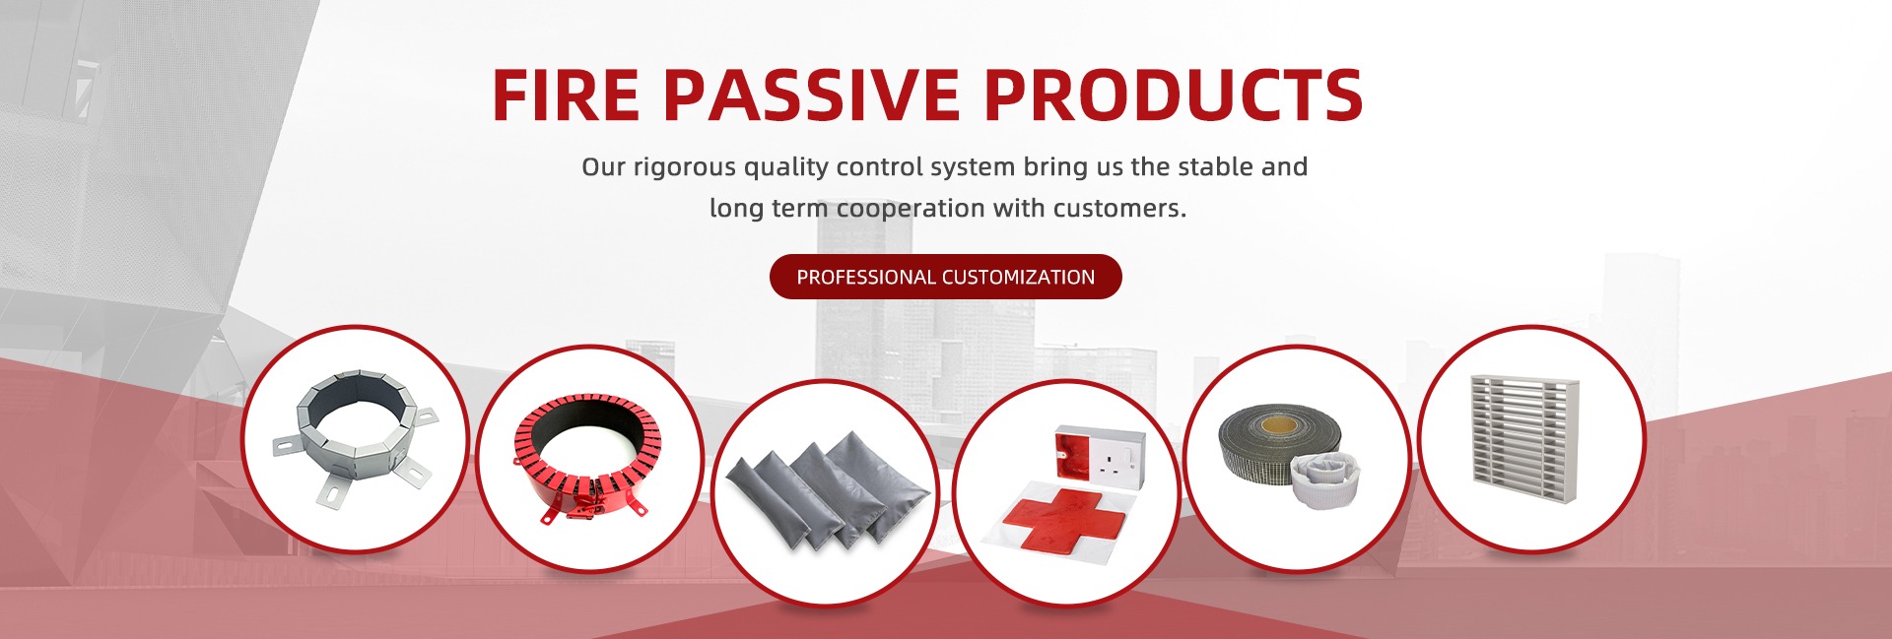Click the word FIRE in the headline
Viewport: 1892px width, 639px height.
coord(566,96)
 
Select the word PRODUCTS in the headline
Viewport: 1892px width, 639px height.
coord(1173,96)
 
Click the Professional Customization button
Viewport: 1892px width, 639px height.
coord(945,277)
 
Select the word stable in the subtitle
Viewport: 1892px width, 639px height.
coord(1215,167)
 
